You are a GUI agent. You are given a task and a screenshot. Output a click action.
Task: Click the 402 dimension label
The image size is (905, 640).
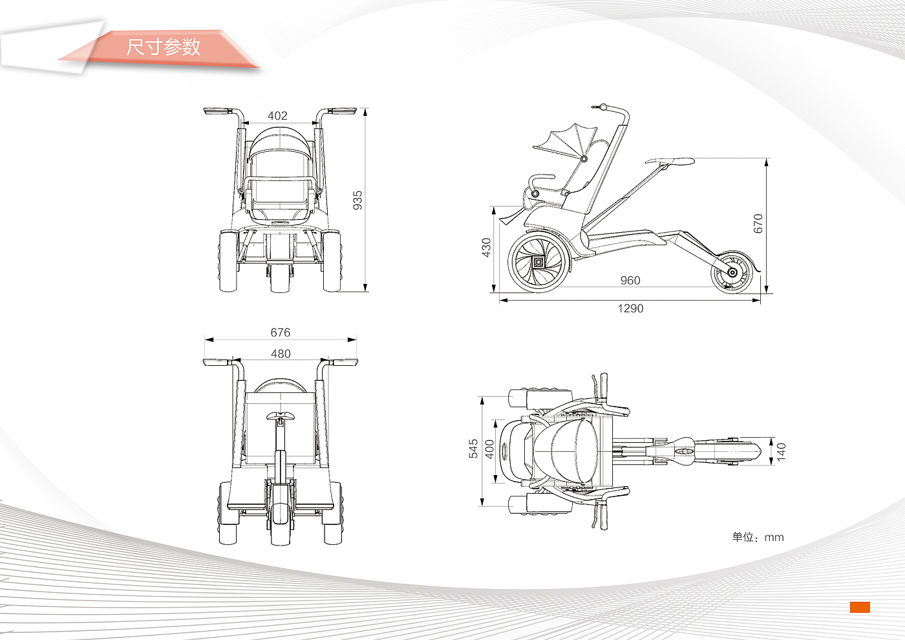[277, 116]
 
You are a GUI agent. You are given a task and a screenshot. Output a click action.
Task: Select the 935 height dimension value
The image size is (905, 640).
[357, 200]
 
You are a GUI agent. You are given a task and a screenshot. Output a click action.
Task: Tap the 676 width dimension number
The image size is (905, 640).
[280, 332]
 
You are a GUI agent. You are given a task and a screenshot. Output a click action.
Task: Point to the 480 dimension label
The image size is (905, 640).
[281, 354]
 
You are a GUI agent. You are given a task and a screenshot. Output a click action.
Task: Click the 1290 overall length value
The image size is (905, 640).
[630, 308]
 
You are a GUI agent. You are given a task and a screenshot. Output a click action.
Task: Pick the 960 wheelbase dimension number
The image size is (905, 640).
[630, 280]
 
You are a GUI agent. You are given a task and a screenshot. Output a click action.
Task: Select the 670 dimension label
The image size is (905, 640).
[758, 223]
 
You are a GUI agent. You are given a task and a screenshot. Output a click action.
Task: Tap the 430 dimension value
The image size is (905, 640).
[486, 247]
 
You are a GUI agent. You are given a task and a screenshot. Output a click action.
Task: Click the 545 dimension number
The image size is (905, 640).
[474, 449]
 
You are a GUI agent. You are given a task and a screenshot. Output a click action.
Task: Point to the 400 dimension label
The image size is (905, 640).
[489, 449]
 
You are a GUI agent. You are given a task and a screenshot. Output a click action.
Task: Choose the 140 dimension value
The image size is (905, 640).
[781, 451]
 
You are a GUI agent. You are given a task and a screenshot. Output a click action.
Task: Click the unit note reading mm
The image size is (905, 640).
[758, 537]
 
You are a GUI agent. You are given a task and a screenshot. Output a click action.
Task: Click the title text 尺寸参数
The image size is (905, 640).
[164, 47]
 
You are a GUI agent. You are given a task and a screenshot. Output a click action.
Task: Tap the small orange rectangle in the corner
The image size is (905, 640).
[859, 607]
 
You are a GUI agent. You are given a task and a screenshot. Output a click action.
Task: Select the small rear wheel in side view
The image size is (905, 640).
[732, 272]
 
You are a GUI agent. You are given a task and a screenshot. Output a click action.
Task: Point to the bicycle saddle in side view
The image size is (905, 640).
[670, 161]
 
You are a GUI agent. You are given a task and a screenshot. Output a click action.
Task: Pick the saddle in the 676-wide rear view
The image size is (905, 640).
[281, 416]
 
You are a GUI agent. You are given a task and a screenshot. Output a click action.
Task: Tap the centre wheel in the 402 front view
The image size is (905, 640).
[280, 277]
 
